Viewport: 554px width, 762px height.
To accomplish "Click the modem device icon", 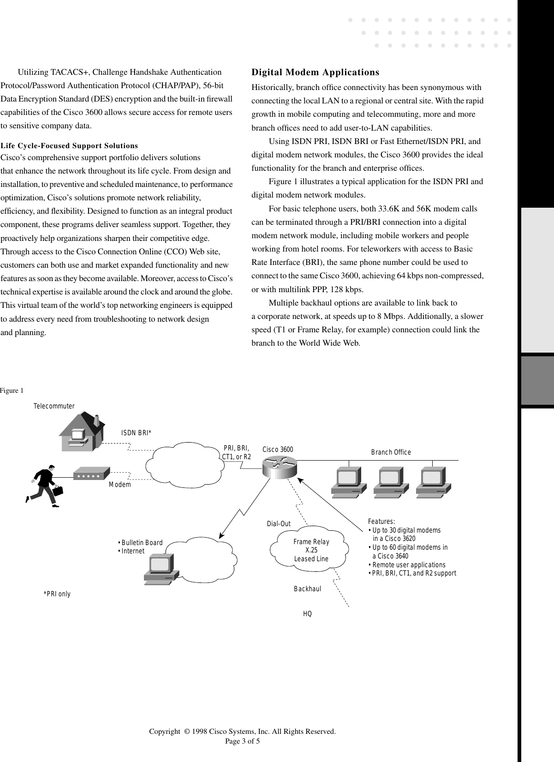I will click(91, 473).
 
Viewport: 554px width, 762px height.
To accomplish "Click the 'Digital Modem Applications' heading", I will click(315, 72).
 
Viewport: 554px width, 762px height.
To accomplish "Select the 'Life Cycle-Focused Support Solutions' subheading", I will click(69, 146).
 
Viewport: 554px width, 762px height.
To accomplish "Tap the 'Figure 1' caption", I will click(12, 390).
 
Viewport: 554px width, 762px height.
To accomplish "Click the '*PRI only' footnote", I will click(57, 594).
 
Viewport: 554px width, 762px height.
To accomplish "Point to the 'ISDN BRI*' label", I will click(136, 433).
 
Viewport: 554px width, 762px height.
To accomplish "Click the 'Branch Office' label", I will click(391, 452).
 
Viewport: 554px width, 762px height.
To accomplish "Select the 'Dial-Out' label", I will click(279, 524).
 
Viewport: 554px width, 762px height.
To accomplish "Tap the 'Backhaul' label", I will click(307, 589).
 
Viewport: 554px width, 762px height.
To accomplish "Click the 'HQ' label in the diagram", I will click(307, 614).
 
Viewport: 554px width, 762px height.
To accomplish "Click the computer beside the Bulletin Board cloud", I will click(160, 570).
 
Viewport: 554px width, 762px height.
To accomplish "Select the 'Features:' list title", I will click(381, 522).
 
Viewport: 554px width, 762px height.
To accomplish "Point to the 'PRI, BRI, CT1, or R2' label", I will click(236, 453).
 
